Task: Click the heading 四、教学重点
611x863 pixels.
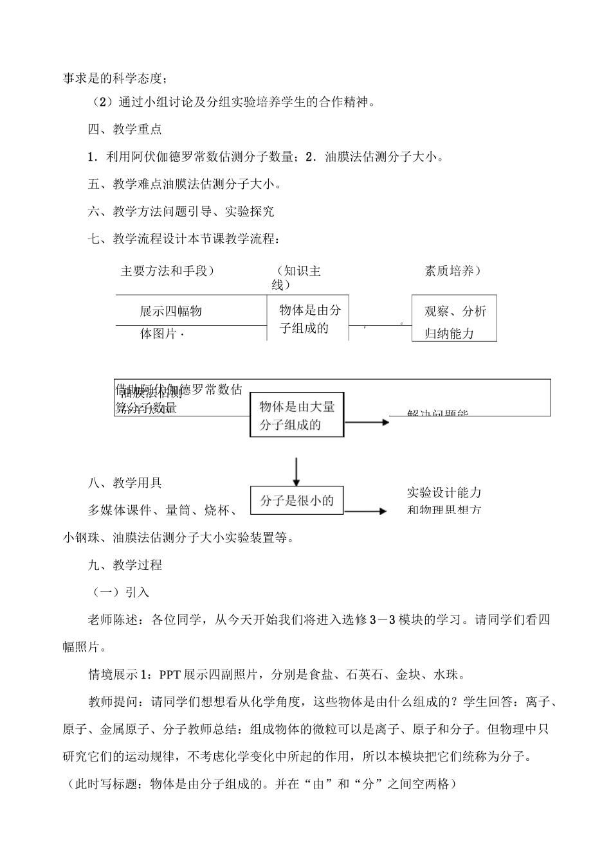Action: coord(125,129)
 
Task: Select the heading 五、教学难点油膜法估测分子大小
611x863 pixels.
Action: coord(185,184)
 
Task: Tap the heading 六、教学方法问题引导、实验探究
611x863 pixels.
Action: coord(181,211)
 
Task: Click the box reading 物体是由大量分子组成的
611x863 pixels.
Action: coord(296,416)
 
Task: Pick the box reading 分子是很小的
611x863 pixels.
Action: coord(296,501)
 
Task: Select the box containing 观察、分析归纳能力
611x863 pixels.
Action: coord(454,318)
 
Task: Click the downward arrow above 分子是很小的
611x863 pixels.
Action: coord(296,471)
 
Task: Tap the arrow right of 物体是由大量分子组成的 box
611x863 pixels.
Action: coord(367,422)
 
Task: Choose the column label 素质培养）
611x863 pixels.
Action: coord(453,271)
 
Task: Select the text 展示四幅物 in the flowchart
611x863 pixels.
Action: coord(171,312)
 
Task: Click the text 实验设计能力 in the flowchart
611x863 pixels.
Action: coord(444,493)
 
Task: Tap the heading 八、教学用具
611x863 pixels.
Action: coord(125,483)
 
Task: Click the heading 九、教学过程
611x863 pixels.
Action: coord(125,565)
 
